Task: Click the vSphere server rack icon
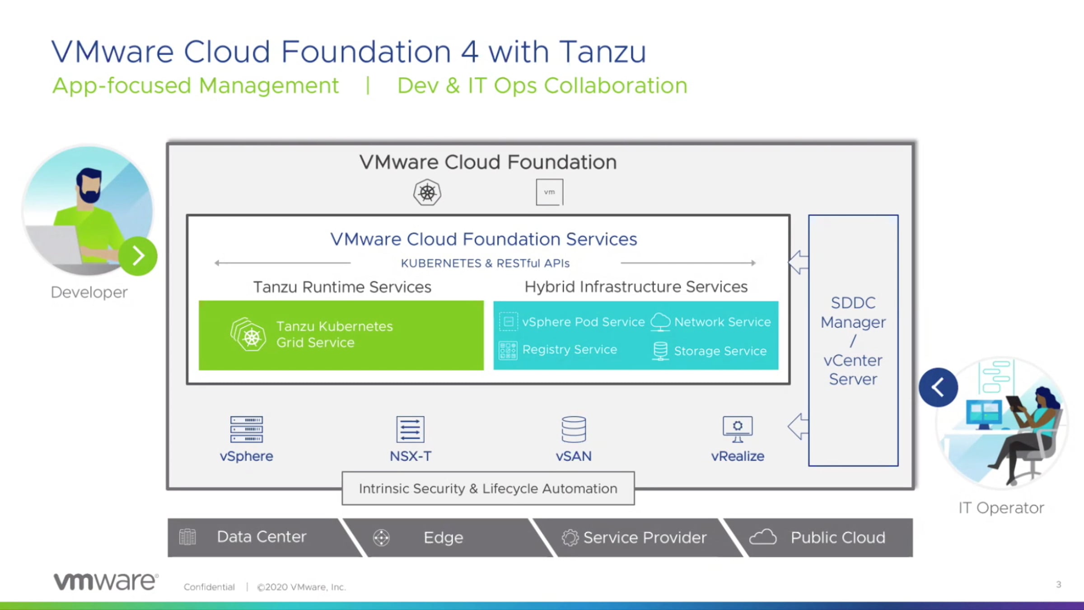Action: (247, 429)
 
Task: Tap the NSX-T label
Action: (411, 456)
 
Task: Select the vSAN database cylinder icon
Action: (574, 429)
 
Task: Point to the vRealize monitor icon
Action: (738, 429)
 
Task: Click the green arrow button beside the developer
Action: (138, 256)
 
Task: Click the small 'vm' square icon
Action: (549, 192)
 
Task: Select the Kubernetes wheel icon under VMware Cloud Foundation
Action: (427, 192)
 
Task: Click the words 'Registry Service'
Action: (570, 350)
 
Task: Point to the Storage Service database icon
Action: (660, 351)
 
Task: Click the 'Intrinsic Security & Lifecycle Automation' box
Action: (488, 488)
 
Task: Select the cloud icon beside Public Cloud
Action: (763, 537)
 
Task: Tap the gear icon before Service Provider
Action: (570, 538)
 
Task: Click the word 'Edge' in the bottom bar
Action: (443, 538)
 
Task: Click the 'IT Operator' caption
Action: (1001, 508)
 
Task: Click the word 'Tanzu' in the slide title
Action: (603, 52)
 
